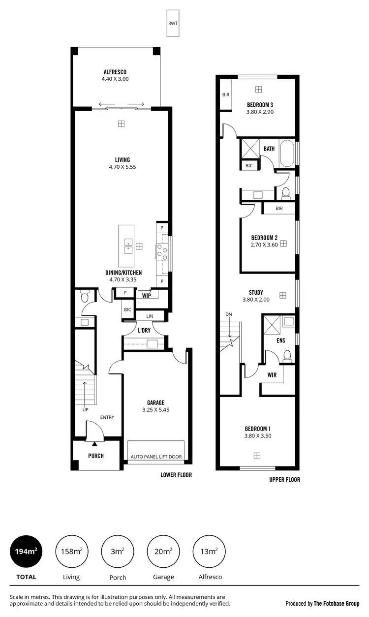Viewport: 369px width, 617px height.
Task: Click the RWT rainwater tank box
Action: coord(173,23)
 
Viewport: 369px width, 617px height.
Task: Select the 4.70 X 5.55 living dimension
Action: coord(122,167)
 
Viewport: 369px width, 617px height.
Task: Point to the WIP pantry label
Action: coord(147,296)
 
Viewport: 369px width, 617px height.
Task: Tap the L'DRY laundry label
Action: coord(144,330)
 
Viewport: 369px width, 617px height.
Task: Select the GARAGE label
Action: coord(155,402)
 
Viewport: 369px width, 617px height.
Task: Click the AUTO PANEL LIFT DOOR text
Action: coord(156,457)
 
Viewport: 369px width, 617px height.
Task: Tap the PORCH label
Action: coord(96,456)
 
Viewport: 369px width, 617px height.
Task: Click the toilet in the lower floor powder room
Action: coord(84,297)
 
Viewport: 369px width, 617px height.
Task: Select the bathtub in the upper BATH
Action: coord(286,154)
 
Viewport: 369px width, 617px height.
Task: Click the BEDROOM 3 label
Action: coord(260,105)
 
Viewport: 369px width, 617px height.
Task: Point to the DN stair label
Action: coord(228,314)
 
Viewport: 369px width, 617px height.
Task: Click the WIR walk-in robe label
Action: coord(272,375)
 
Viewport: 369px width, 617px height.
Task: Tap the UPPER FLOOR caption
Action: coord(284,480)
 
